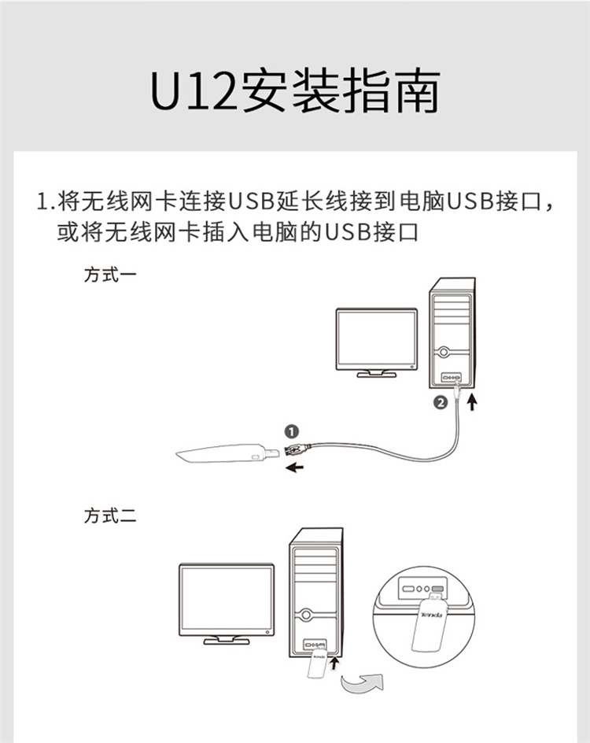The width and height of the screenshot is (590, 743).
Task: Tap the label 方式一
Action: point(110,275)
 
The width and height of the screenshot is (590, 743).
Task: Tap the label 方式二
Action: point(110,516)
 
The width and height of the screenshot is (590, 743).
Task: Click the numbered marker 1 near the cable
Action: point(292,431)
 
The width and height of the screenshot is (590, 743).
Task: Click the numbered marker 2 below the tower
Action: point(441,403)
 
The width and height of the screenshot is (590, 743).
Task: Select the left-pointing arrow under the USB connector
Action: point(294,468)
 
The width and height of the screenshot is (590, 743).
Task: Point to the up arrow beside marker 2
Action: point(472,402)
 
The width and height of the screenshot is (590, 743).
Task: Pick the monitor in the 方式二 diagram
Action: point(227,604)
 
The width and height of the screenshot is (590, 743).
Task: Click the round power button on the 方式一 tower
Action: point(444,352)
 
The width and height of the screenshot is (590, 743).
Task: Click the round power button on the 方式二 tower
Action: point(306,615)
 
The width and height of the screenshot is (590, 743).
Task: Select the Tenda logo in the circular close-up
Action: point(431,615)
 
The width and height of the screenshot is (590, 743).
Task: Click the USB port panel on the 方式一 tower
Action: point(451,377)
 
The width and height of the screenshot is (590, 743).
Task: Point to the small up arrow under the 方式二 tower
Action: point(335,663)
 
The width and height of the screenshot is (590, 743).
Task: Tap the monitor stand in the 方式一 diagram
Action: point(377,374)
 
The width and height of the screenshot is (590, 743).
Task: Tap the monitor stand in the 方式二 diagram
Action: point(227,641)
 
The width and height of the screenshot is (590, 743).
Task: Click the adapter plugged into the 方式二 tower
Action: point(316,664)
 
